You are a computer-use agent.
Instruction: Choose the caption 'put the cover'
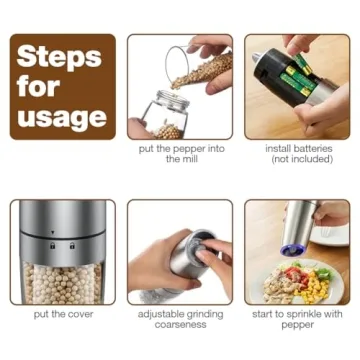pyautogui.click(x=62, y=313)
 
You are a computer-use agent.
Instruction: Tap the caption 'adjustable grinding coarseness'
pyautogui.click(x=180, y=318)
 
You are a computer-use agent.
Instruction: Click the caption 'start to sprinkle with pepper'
pyautogui.click(x=298, y=318)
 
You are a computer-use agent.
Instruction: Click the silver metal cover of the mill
pyautogui.click(x=62, y=222)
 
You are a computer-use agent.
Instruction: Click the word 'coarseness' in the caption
pyautogui.click(x=181, y=324)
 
